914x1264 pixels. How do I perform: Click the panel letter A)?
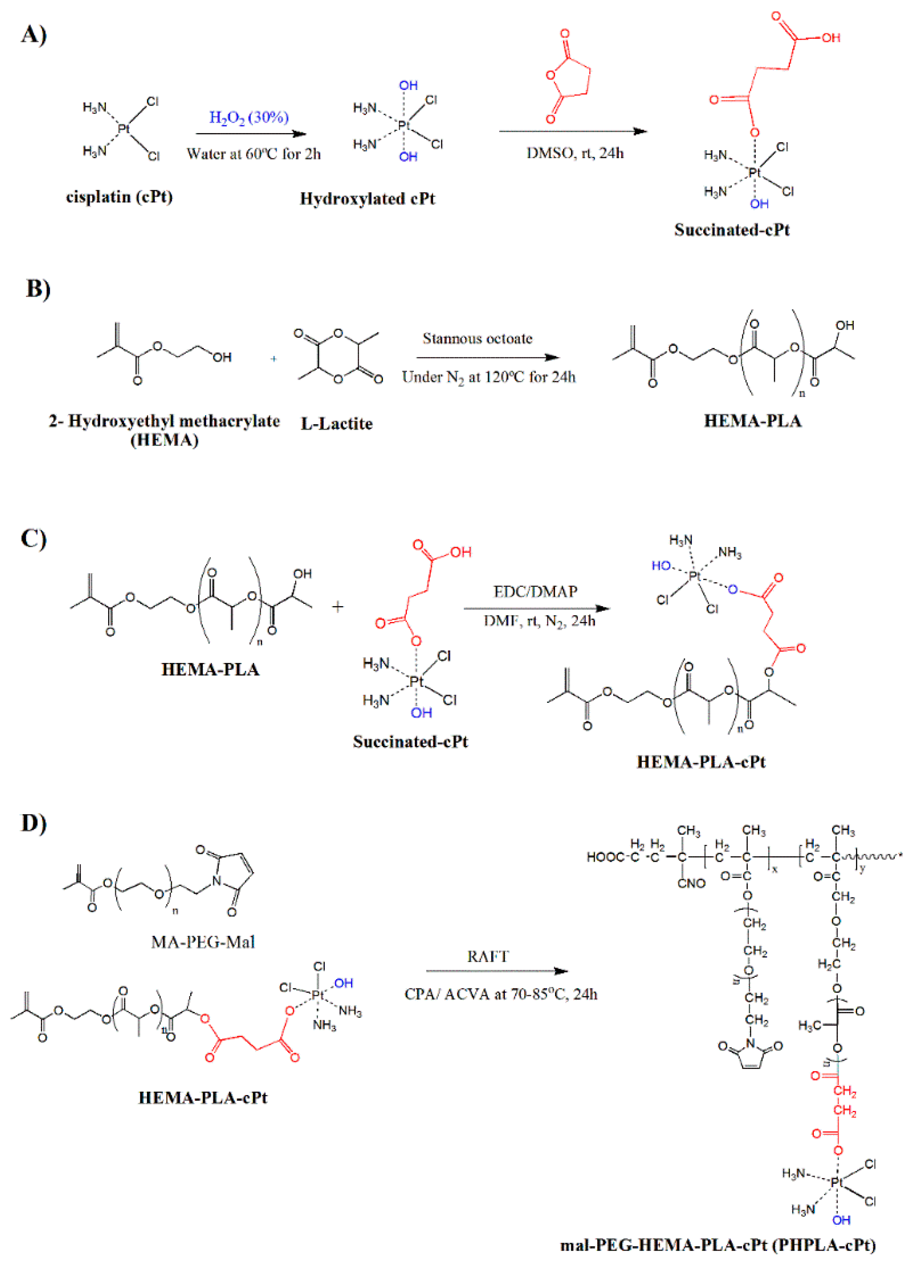33,35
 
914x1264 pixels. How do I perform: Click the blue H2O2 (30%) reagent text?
249,118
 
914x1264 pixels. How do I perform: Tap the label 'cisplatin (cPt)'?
119,197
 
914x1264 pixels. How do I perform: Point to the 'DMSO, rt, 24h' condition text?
575,153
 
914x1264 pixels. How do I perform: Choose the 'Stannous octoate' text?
477,338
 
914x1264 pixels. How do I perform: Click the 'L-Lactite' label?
336,423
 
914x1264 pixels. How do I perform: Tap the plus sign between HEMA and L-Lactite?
273,359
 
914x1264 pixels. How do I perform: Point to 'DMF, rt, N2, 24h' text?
539,620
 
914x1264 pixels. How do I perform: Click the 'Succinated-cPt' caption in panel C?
410,741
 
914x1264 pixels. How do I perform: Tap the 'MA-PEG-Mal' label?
203,942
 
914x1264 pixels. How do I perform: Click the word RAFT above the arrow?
488,957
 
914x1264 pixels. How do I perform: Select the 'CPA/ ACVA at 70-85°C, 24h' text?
501,994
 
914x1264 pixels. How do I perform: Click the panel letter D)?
33,823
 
